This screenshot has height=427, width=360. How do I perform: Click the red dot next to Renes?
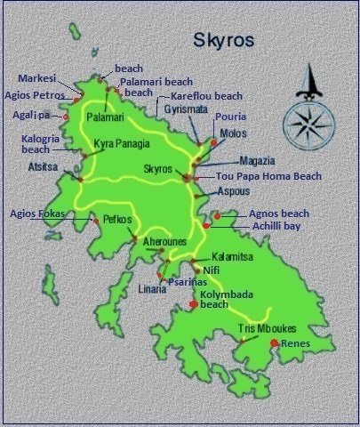pyautogui.click(x=275, y=343)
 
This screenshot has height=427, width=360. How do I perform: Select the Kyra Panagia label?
pyautogui.click(x=122, y=143)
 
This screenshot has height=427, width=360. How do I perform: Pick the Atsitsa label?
pyautogui.click(x=44, y=165)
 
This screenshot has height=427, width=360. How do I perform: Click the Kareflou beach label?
pyautogui.click(x=206, y=96)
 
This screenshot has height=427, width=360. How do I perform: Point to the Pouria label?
pyautogui.click(x=230, y=117)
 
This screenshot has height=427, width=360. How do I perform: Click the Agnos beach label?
pyautogui.click(x=279, y=213)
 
